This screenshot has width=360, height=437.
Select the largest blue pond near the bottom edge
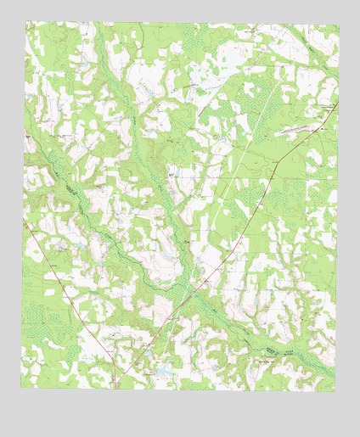pos(158,372)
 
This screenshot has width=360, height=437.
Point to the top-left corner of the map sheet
pos(25,22)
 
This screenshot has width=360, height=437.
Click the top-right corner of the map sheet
pos(338,24)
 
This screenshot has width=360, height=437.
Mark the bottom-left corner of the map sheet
pos(21,388)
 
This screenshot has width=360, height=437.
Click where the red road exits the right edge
pos(337,103)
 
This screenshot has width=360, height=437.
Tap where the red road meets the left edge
pos(23,218)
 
